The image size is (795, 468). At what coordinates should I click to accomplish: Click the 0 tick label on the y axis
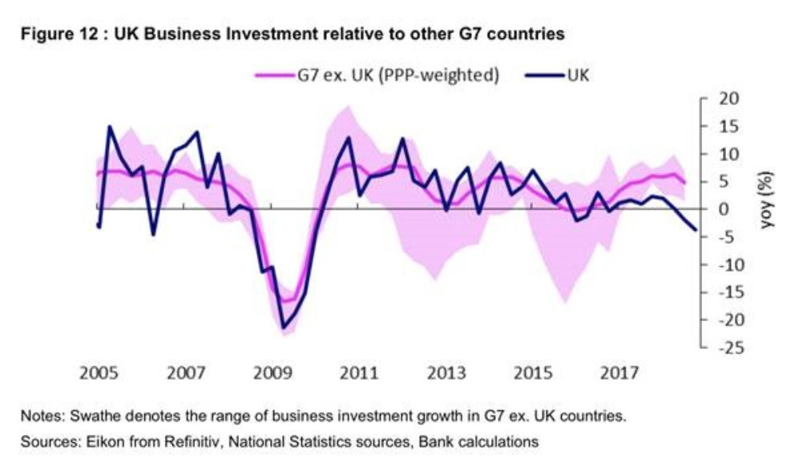tap(724, 209)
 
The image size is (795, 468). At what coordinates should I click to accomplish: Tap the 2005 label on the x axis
tap(100, 373)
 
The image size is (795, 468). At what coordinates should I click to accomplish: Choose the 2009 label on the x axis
tap(273, 373)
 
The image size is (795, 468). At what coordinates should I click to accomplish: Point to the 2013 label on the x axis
tap(446, 373)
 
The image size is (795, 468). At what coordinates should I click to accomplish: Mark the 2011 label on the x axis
tap(360, 373)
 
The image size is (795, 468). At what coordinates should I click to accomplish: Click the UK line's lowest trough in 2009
tap(283, 327)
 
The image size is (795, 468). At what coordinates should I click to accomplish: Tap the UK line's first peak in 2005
tap(110, 127)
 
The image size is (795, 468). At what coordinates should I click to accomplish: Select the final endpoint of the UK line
tap(695, 230)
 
